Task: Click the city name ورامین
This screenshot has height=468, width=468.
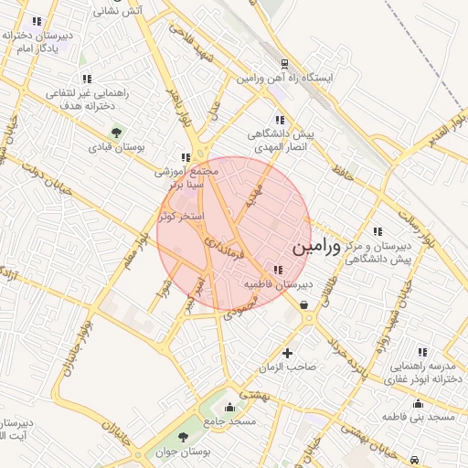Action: [315, 248]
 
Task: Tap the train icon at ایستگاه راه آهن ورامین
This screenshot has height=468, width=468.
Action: [285, 64]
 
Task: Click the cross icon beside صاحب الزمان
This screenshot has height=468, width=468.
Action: [288, 353]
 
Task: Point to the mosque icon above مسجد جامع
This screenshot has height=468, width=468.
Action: [230, 408]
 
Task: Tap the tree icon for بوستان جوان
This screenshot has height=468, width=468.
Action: [183, 438]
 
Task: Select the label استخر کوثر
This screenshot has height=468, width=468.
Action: [180, 217]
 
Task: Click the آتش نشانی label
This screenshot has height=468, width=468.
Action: [119, 11]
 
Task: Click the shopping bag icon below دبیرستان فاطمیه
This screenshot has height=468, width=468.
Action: [303, 305]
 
